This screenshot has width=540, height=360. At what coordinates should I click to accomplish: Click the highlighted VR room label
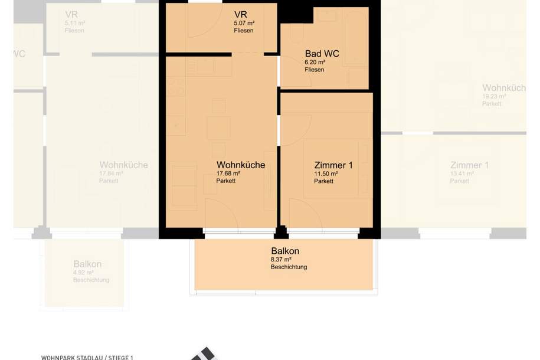click(x=240, y=15)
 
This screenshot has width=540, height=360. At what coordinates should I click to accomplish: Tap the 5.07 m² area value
click(x=244, y=24)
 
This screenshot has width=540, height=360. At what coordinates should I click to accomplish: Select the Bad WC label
click(x=322, y=54)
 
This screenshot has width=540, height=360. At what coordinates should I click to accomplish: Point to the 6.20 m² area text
click(x=315, y=62)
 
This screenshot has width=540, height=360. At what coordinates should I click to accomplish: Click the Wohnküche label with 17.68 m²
click(x=241, y=165)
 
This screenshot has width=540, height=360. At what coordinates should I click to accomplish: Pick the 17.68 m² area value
click(x=228, y=174)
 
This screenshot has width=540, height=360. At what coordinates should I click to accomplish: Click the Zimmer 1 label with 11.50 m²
click(x=333, y=165)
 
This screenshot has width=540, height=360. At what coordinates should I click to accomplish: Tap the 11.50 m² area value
click(x=326, y=174)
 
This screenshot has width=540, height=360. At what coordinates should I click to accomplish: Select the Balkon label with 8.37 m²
click(x=285, y=251)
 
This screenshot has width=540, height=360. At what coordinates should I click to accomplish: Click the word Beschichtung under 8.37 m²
click(x=289, y=267)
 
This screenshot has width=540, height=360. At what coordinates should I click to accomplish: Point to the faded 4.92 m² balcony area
click(x=83, y=272)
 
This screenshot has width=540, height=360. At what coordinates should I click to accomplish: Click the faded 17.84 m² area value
click(x=111, y=174)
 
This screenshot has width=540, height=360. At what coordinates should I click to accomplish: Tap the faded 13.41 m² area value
click(x=462, y=174)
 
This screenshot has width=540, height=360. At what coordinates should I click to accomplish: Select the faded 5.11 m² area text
click(x=75, y=24)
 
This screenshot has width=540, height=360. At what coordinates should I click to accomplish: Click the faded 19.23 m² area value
click(x=495, y=96)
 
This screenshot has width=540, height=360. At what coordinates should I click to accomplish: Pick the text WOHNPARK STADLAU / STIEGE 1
click(x=87, y=357)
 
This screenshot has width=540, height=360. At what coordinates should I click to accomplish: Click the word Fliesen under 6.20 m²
click(x=315, y=70)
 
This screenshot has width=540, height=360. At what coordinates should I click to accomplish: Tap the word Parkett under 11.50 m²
click(x=323, y=181)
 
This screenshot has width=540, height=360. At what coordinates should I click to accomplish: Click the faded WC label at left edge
click(x=19, y=54)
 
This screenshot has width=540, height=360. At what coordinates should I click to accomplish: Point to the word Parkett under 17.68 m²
click(x=225, y=181)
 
